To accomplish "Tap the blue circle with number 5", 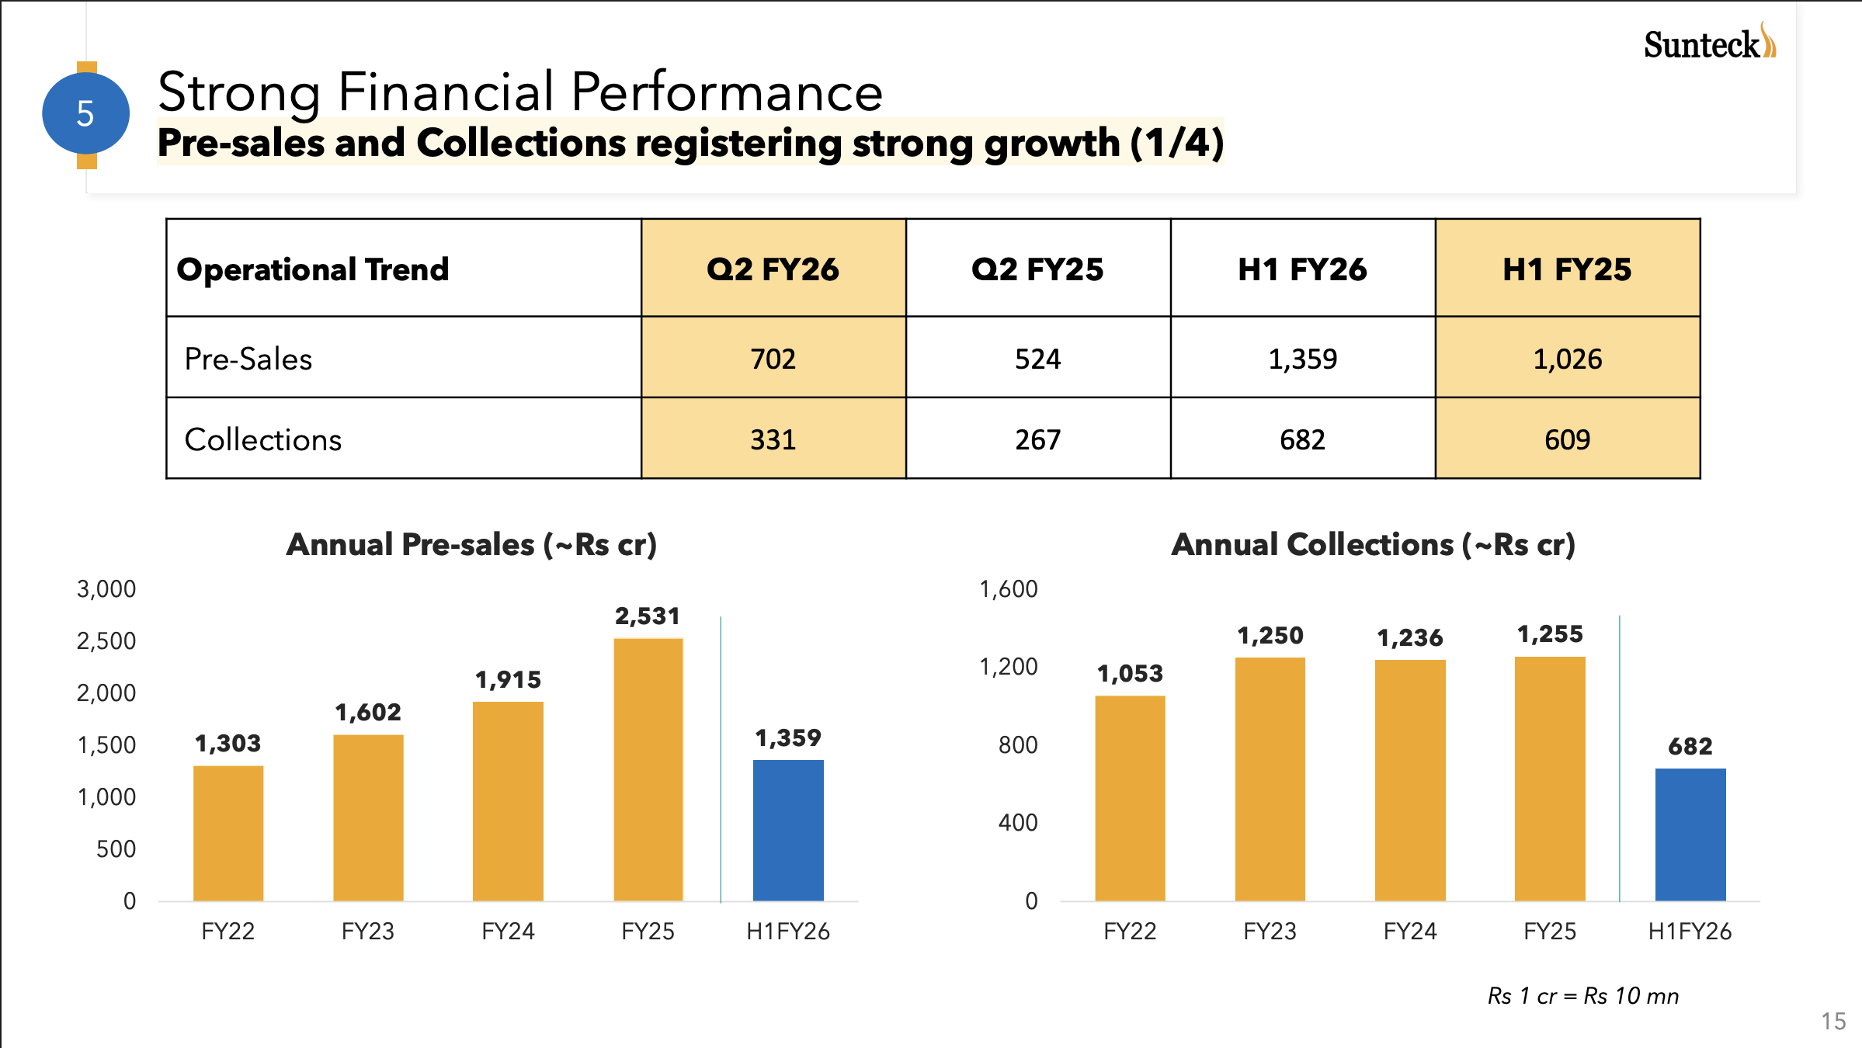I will pyautogui.click(x=85, y=113).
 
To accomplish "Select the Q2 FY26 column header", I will pyautogui.click(x=773, y=269).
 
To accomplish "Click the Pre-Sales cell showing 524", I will pyautogui.click(x=1037, y=359).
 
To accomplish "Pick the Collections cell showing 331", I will pyautogui.click(x=773, y=439).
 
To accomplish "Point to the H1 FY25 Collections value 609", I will pyautogui.click(x=1567, y=439).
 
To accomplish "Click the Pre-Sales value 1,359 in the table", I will pyautogui.click(x=1302, y=359).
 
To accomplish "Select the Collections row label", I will pyautogui.click(x=263, y=439).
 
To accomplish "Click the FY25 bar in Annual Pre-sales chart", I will pyautogui.click(x=648, y=769).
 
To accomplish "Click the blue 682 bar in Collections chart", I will pyautogui.click(x=1690, y=834).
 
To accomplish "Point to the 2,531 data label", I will pyautogui.click(x=648, y=616).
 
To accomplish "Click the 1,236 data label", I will pyautogui.click(x=1409, y=638).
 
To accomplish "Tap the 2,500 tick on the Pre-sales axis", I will pyautogui.click(x=106, y=641).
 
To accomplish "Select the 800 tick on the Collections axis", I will pyautogui.click(x=1018, y=745).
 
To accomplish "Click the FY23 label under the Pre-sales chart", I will pyautogui.click(x=367, y=931).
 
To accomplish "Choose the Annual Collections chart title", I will pyautogui.click(x=1373, y=545).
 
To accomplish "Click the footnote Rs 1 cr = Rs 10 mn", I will pyautogui.click(x=1582, y=996).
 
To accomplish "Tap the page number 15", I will pyautogui.click(x=1833, y=1021).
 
